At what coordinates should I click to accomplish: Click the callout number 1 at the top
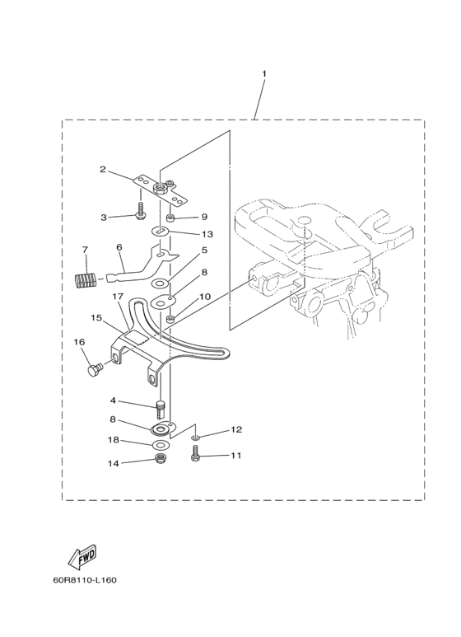pyautogui.click(x=264, y=74)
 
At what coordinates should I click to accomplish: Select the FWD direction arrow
pyautogui.click(x=82, y=556)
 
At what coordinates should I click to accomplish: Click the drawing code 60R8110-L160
pyautogui.click(x=85, y=579)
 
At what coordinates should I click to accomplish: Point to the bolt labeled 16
pyautogui.click(x=95, y=369)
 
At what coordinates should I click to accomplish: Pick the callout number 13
pyautogui.click(x=207, y=234)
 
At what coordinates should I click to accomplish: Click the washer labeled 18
pyautogui.click(x=161, y=444)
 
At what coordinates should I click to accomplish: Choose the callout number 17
pyautogui.click(x=118, y=297)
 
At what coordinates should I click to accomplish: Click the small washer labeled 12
pyautogui.click(x=196, y=438)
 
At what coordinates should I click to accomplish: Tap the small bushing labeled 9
pyautogui.click(x=170, y=214)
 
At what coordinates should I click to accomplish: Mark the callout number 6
pyautogui.click(x=119, y=247)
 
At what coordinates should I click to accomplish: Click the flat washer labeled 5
pyautogui.click(x=161, y=283)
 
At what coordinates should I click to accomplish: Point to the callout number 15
pyautogui.click(x=96, y=318)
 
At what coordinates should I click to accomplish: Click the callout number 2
pyautogui.click(x=103, y=169)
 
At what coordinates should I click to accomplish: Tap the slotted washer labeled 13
pyautogui.click(x=161, y=232)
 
